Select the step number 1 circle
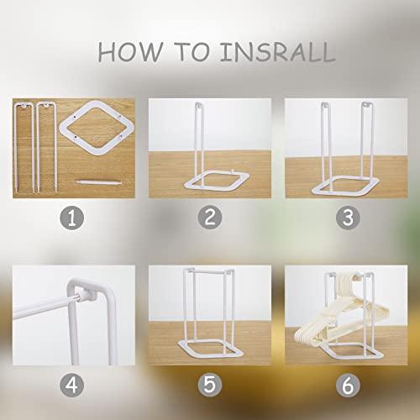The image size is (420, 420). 72,218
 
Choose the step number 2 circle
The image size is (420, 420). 210,218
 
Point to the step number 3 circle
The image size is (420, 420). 348,218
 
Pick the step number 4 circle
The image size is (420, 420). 72,385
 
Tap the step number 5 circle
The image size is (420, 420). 210,385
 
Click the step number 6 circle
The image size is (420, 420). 348,385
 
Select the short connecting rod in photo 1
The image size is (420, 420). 99,182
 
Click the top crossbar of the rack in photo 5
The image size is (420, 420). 208,270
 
